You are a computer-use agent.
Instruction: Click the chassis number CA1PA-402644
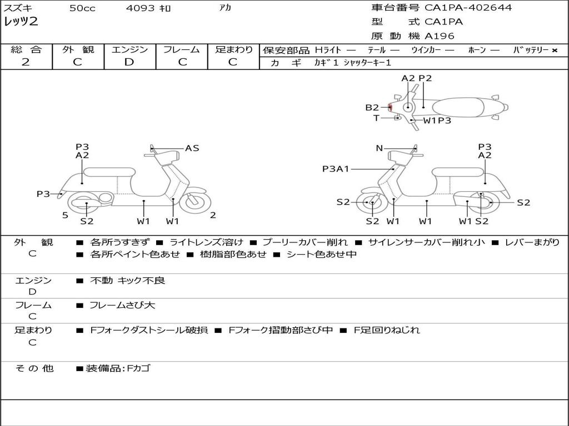coord(468,8)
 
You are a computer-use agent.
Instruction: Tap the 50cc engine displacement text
coord(82,8)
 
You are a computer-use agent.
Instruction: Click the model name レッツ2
coord(21,22)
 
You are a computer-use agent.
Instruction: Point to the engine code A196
coord(440,36)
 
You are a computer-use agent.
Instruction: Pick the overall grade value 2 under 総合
coord(26,62)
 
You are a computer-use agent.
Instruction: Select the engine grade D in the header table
coord(129,62)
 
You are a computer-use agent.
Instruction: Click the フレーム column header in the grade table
coord(182,49)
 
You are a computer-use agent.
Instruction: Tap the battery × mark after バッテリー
coord(554,50)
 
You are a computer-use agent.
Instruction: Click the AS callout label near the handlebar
coord(192,148)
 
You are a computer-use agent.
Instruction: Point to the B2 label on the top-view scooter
coord(372,108)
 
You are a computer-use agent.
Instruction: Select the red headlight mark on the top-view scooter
coord(390,107)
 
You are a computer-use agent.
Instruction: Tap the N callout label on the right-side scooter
coord(379,148)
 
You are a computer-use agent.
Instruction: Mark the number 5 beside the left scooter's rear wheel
coord(65,215)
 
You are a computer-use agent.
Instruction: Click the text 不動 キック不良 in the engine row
coord(127,281)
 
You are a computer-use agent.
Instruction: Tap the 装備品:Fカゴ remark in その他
coord(117,368)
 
